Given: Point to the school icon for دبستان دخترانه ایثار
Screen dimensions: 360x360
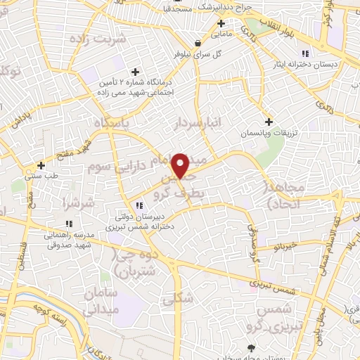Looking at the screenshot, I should click(x=304, y=53).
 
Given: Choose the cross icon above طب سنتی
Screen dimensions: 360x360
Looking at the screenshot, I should click(x=41, y=166).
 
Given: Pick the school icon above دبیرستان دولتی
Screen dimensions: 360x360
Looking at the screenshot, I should click(x=140, y=205).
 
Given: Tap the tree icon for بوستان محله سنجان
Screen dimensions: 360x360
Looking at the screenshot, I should click(x=252, y=348).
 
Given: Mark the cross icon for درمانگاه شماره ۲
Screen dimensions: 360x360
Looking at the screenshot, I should click(x=136, y=72).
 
